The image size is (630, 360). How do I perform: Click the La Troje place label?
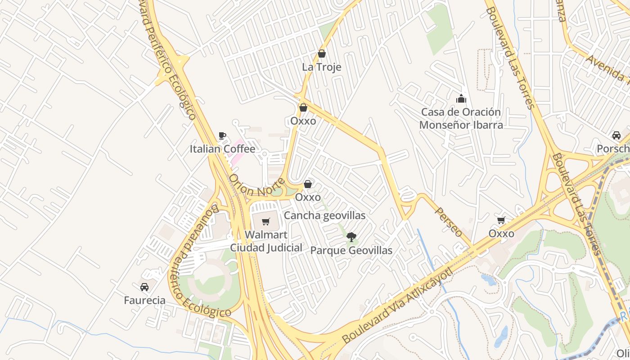click(321, 67)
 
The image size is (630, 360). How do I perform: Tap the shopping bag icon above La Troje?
click(321, 54)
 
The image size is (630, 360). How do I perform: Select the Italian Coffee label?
click(222, 149)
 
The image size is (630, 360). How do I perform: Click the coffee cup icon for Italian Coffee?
click(222, 135)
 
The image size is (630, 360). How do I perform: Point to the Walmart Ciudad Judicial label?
click(266, 241)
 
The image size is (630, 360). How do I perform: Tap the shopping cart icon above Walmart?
click(266, 221)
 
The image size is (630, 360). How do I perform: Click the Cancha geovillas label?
click(324, 216)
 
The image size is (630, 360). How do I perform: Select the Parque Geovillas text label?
click(351, 250)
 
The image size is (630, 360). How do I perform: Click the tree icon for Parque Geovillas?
click(351, 237)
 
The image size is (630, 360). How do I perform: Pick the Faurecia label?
click(144, 300)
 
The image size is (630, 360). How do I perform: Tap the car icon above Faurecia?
click(144, 287)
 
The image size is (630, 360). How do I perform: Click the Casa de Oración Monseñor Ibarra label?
click(461, 118)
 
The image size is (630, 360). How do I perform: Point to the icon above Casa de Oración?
click(461, 99)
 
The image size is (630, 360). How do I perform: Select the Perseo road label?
click(449, 222)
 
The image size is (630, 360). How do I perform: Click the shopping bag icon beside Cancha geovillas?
click(308, 184)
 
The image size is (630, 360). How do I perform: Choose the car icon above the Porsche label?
click(616, 135)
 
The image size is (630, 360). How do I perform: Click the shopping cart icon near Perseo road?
click(501, 220)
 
